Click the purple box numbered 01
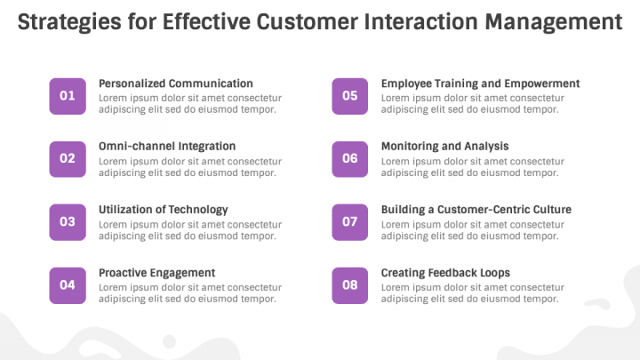coord(68,96)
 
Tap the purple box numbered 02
coord(68,159)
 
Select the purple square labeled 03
coord(68,222)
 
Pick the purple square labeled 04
coord(68,285)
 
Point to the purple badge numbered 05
coord(350,96)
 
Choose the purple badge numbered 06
coord(350,159)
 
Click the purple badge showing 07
coord(350,222)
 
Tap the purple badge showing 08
coord(350,285)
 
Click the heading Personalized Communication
coord(176,84)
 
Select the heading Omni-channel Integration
coord(167,147)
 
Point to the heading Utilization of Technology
coord(164,210)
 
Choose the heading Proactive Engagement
coord(156,273)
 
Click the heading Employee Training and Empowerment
coord(480,84)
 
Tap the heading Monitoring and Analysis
coord(445,147)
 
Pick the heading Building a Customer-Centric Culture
coord(476,210)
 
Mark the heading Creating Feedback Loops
coord(445,273)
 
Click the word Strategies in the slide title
coord(69,22)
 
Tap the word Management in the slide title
coord(554,22)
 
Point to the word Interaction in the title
coord(420,21)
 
